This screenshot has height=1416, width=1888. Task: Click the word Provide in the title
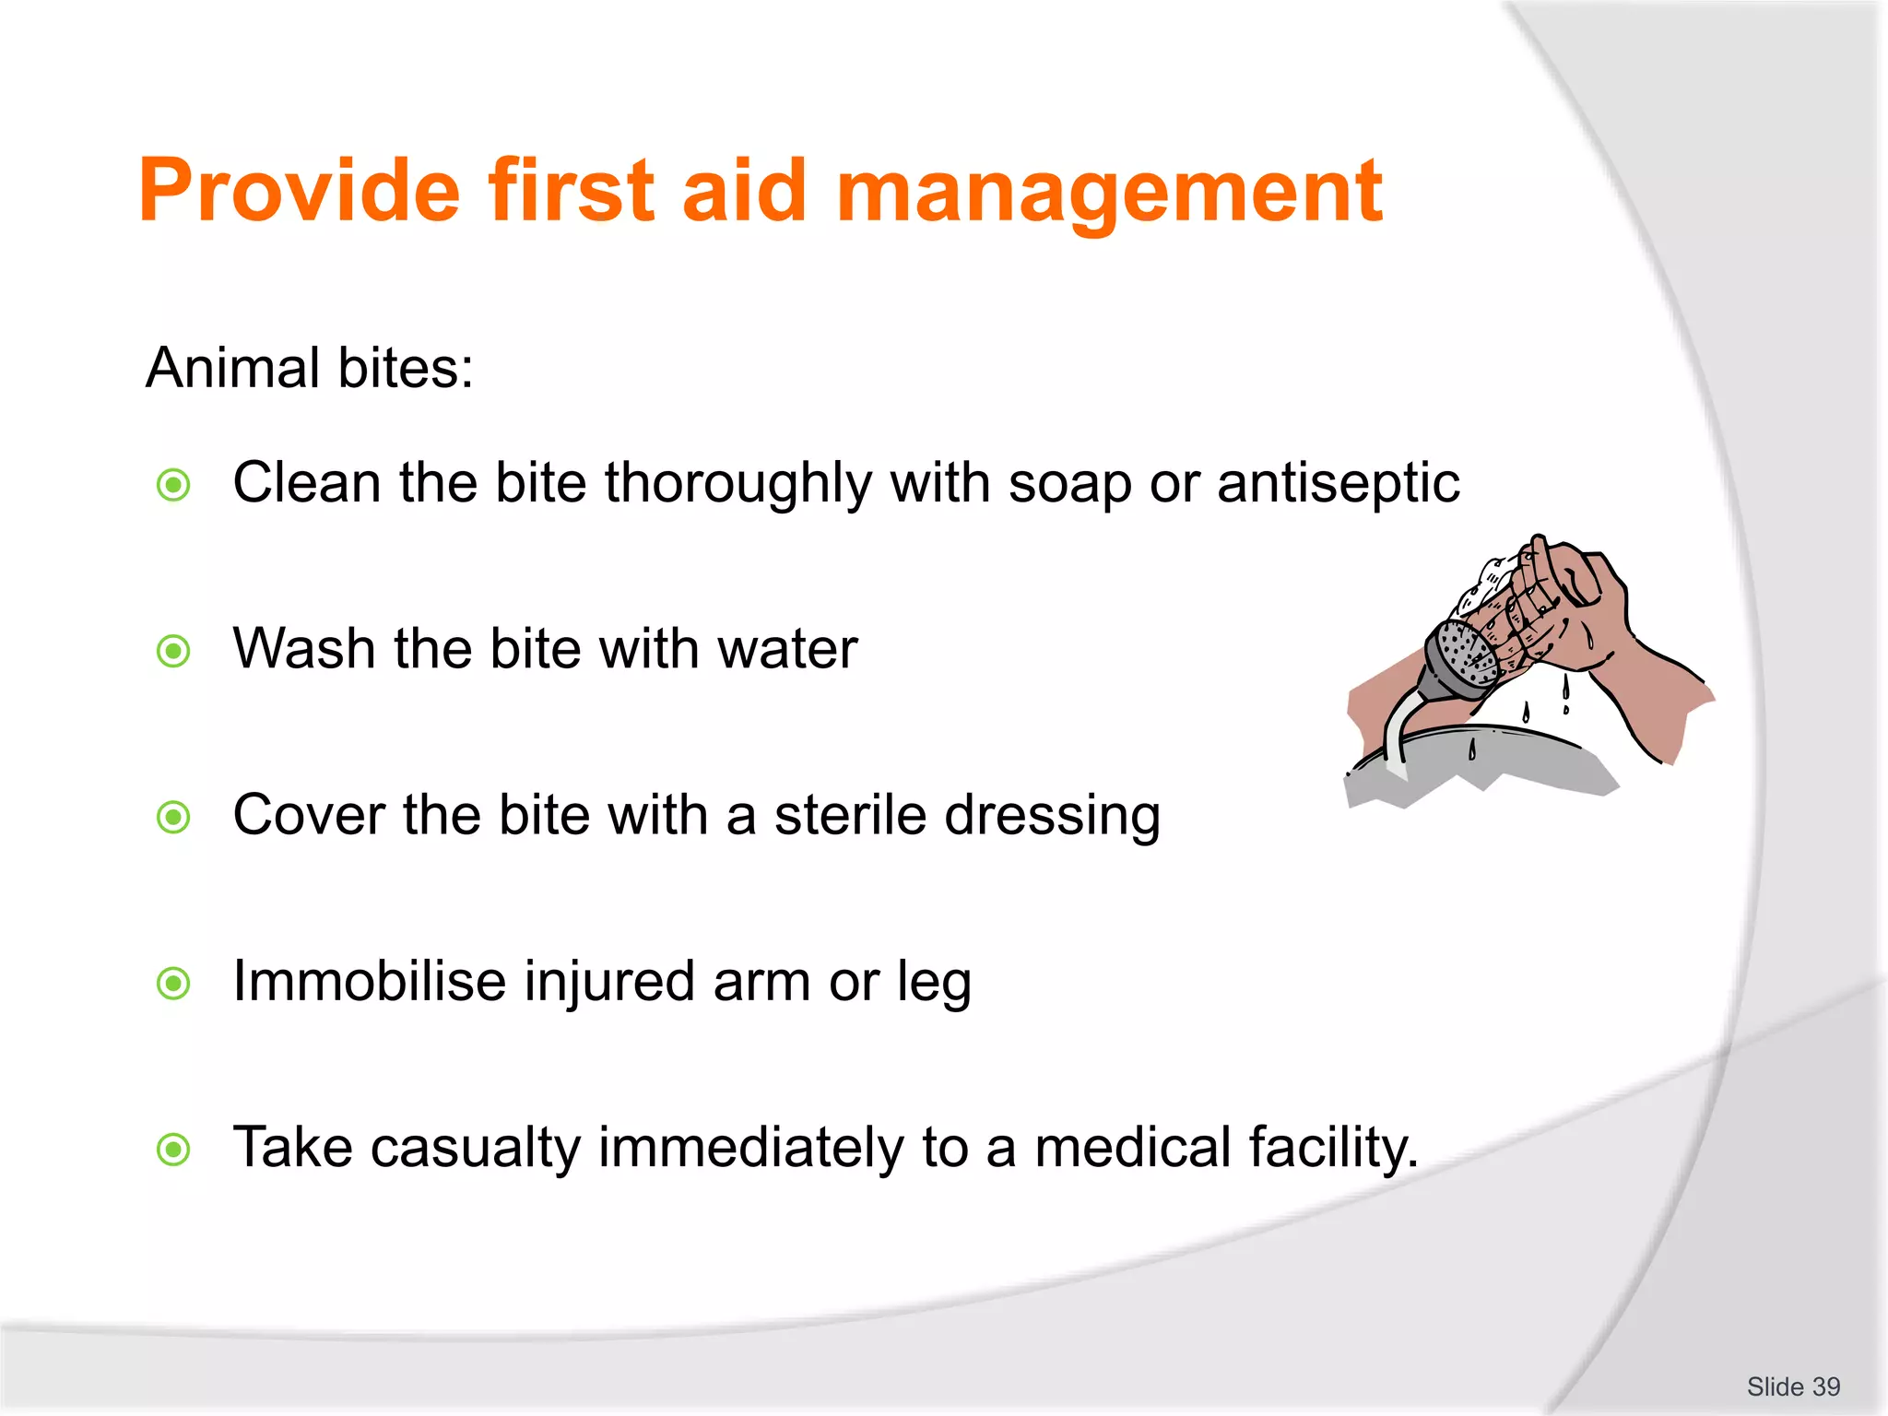coord(299,191)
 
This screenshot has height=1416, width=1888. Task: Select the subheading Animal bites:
coord(310,368)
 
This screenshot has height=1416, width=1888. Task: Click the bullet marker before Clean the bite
coord(173,485)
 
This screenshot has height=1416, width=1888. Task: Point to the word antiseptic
coord(1338,484)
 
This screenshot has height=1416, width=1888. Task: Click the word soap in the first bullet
coord(1069,484)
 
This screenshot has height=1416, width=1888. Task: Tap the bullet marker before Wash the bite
coord(173,652)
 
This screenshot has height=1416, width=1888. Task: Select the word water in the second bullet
coord(787,649)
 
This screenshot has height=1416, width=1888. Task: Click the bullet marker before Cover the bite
coord(173,817)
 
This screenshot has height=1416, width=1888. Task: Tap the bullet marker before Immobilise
coord(173,984)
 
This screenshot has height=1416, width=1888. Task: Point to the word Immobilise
coord(369,981)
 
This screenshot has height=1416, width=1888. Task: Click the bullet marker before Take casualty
coord(173,1150)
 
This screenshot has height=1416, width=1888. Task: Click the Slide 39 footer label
coord(1793,1386)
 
